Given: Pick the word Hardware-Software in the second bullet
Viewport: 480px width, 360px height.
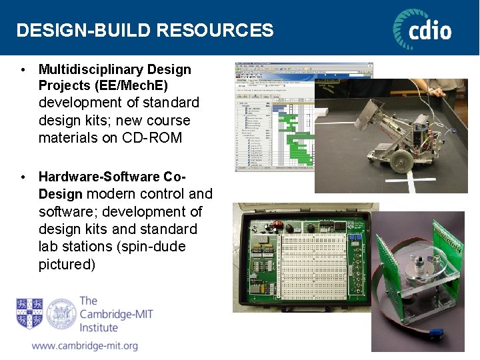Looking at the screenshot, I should pos(99,177).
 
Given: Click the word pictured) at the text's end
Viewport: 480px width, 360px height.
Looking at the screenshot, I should pos(67,264).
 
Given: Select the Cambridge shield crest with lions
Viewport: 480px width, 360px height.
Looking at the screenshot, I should pos(29,313).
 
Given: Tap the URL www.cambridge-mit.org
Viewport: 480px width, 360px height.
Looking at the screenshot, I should pos(85,346).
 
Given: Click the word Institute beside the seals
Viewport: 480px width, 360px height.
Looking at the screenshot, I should pos(98,327).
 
